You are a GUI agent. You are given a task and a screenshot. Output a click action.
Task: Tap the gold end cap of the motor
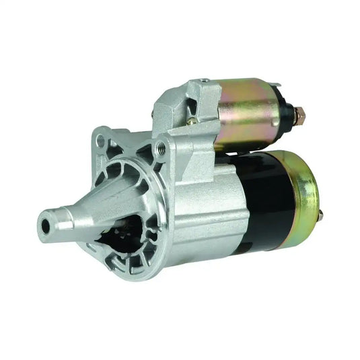click(303, 195)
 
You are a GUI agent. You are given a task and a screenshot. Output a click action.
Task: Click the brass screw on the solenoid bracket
click(193, 121)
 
